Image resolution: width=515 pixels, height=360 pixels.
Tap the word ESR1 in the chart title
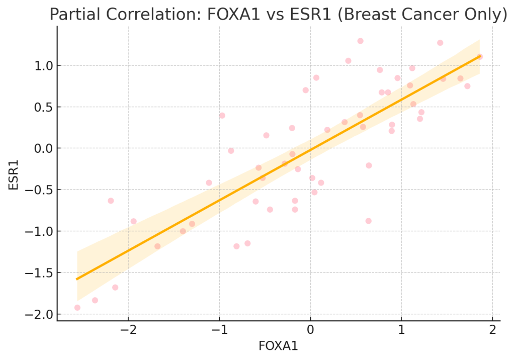pyautogui.click(x=313, y=15)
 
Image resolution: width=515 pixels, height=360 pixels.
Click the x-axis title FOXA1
pyautogui.click(x=278, y=346)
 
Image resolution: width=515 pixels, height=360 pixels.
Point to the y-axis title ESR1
pyautogui.click(x=14, y=174)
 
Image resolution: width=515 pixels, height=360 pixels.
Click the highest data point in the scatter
pyautogui.click(x=360, y=41)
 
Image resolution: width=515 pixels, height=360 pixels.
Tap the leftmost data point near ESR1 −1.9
pyautogui.click(x=77, y=308)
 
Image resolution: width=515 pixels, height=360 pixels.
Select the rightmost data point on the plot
pyautogui.click(x=480, y=57)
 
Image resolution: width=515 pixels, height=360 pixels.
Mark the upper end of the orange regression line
pyautogui.click(x=479, y=56)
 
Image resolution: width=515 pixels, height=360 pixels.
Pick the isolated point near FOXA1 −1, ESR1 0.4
pyautogui.click(x=222, y=115)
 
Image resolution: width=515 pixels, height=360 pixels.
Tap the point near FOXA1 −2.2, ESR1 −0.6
pyautogui.click(x=111, y=201)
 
